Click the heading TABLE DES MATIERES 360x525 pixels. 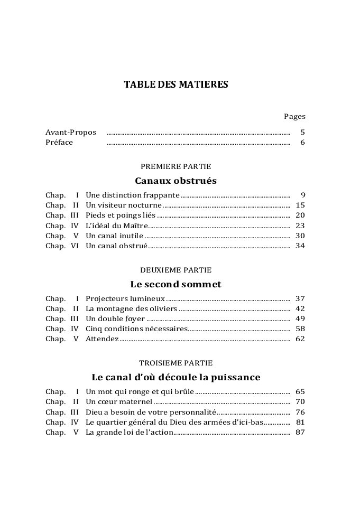pyautogui.click(x=176, y=85)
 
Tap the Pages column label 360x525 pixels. pyautogui.click(x=294, y=116)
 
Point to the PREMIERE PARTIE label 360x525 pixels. pyautogui.click(x=176, y=166)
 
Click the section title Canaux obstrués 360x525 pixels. pyautogui.click(x=176, y=181)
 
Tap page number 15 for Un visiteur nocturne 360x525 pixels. pyautogui.click(x=300, y=205)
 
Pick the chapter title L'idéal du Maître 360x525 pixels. pyautogui.click(x=113, y=226)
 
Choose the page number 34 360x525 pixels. pyautogui.click(x=300, y=246)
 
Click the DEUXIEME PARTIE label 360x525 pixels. pyautogui.click(x=176, y=270)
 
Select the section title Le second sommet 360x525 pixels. pyautogui.click(x=176, y=285)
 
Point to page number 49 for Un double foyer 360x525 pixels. pyautogui.click(x=300, y=319)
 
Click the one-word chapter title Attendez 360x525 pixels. pyautogui.click(x=101, y=339)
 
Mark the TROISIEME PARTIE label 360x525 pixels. pyautogui.click(x=176, y=363)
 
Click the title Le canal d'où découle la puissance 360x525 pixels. pyautogui.click(x=176, y=378)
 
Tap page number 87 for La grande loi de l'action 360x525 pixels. pyautogui.click(x=300, y=432)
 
